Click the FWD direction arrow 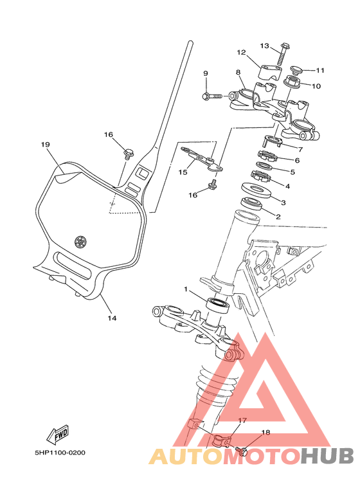58,434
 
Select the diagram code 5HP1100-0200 60,453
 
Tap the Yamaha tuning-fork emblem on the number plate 80,242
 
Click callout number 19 45,145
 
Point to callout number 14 112,318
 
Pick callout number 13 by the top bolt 265,46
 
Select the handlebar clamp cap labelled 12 271,72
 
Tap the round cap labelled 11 297,69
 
